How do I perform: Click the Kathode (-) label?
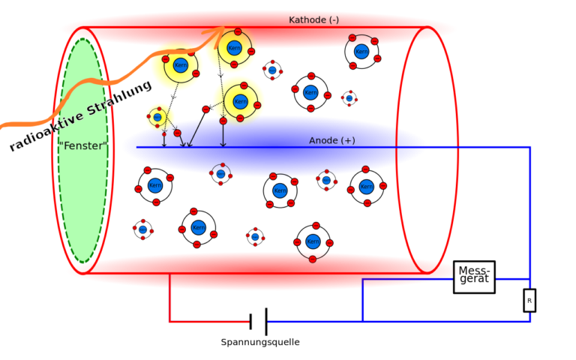point(313,20)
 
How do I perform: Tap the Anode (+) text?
point(331,141)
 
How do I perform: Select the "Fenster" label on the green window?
point(82,146)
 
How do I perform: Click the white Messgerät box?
point(474,277)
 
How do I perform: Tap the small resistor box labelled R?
point(529,300)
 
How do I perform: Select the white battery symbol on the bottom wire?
point(258,320)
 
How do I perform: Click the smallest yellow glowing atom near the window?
point(158,117)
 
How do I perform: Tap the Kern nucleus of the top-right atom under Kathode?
point(361,52)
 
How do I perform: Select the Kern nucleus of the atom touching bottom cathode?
point(313,241)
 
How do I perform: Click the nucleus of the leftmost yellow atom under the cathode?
point(180,65)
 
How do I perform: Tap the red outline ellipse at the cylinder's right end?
point(457,150)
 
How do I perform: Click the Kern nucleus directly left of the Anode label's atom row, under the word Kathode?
point(310,92)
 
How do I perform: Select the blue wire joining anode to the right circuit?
point(480,148)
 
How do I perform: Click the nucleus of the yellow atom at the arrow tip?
point(234,49)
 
